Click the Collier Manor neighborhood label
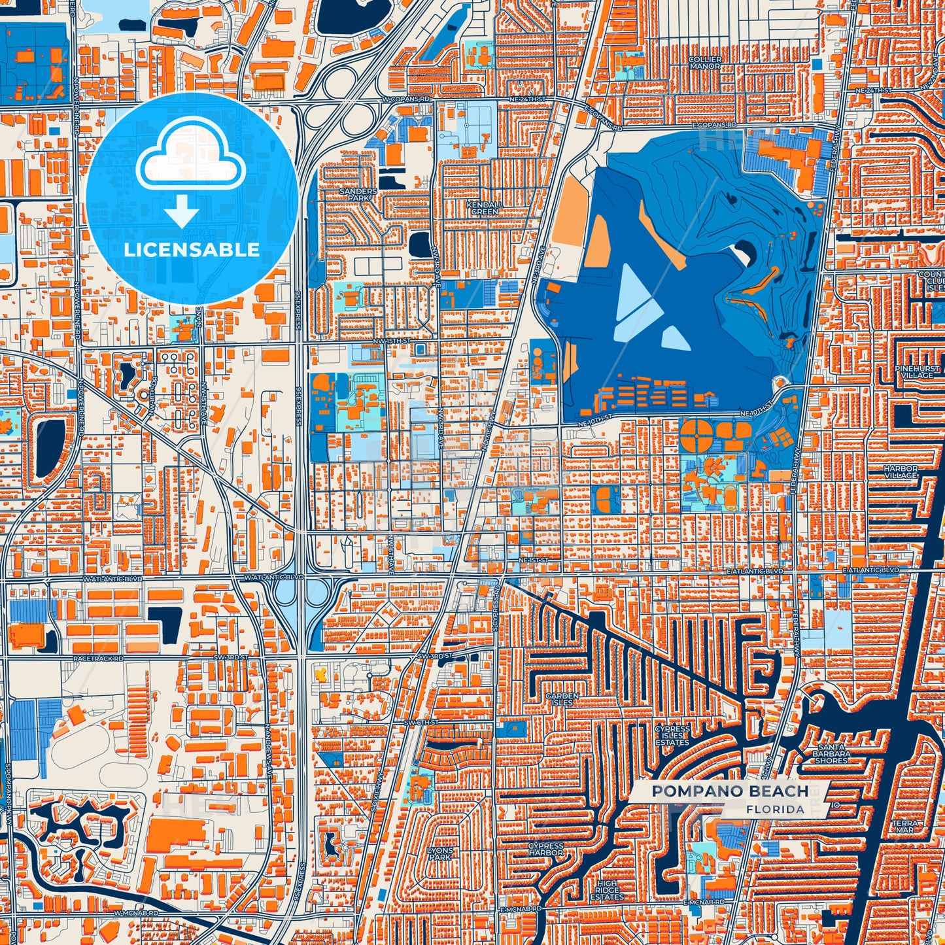(705, 62)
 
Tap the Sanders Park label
(358, 194)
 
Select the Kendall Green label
(485, 208)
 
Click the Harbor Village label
(901, 472)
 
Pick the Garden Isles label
(562, 699)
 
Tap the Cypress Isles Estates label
(672, 736)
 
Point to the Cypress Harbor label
(545, 850)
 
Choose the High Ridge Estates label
(606, 890)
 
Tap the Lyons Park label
(439, 853)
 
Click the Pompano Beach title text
(730, 791)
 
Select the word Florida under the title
(775, 809)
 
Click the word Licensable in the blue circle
(192, 250)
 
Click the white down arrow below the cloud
(181, 213)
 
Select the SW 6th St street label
(419, 722)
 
